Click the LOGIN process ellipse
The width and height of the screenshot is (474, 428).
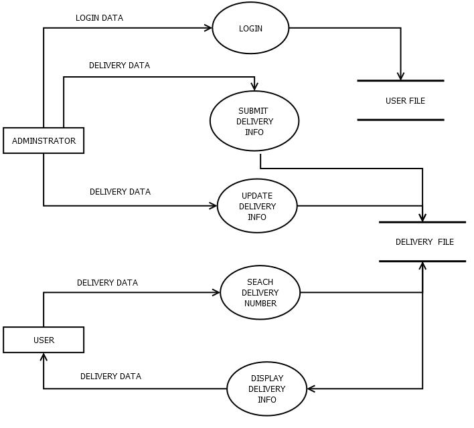coord(250,29)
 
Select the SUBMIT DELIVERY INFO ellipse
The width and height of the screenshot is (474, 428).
coord(254,122)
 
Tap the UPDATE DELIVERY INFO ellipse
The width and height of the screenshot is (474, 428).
coord(257,206)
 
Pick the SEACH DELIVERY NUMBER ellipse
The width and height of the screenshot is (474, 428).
coord(260,293)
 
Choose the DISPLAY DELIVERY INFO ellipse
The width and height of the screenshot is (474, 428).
coord(266,389)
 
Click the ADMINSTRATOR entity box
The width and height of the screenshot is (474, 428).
coord(44,141)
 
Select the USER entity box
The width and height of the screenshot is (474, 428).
coord(44,340)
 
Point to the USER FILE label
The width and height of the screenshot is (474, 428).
coord(405,101)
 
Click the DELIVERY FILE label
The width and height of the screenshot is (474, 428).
coord(424,242)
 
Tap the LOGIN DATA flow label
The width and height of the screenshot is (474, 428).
coord(99,18)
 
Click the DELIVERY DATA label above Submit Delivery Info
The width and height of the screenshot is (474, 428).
coord(119,66)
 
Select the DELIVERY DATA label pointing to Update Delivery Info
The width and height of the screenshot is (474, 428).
coord(120,192)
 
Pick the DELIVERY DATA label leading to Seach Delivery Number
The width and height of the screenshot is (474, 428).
coord(107,283)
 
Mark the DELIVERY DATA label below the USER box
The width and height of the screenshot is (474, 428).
coord(110,377)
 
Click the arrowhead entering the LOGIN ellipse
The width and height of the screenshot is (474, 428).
coord(208,28)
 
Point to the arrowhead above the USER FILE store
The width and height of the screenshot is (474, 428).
coord(400,76)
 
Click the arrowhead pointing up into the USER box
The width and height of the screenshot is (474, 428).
coord(44,357)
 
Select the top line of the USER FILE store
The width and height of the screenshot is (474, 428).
coord(400,81)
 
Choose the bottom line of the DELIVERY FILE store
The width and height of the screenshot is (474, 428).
coord(422,261)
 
